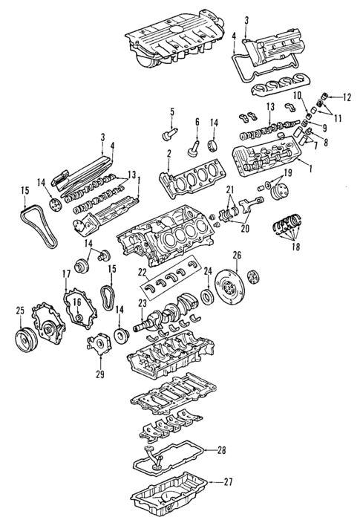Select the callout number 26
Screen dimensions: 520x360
237,256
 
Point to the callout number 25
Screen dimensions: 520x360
19,309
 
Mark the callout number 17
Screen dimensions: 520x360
65,275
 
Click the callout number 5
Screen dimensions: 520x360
171,112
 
